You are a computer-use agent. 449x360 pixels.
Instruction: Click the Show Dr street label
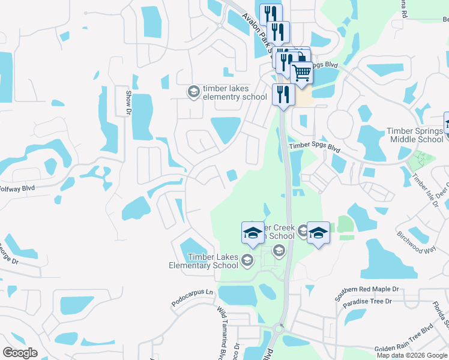click(x=128, y=102)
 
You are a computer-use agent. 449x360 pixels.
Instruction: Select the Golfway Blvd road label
click(x=17, y=187)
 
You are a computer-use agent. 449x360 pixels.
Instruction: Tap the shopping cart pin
click(x=301, y=73)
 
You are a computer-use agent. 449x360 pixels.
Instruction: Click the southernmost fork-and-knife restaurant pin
click(x=283, y=94)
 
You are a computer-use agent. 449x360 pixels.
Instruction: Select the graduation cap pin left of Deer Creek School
click(x=253, y=232)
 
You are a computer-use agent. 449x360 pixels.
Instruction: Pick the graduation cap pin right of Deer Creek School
click(x=318, y=232)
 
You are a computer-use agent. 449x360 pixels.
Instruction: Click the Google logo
click(x=20, y=353)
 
